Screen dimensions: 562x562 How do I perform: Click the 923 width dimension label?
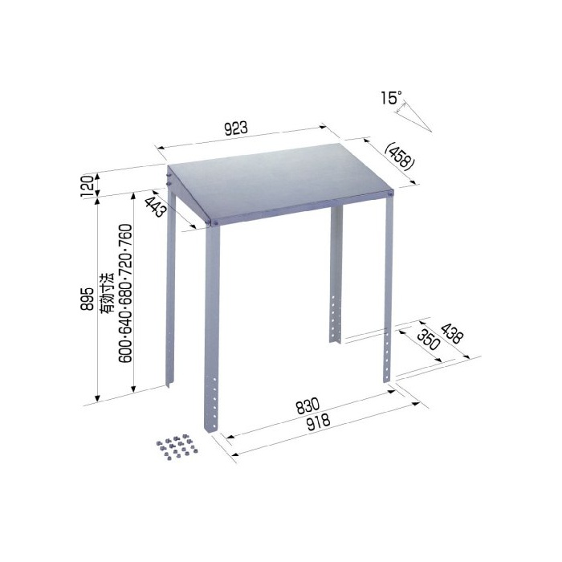236,128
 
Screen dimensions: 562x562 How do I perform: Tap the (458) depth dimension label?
399,157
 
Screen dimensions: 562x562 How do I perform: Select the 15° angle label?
391,98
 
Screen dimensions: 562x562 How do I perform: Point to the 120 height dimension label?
88,185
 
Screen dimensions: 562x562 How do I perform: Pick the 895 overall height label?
88,299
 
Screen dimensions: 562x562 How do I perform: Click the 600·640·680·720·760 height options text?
126,294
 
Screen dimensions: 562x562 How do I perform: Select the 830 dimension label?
307,405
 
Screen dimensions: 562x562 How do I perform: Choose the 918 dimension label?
319,421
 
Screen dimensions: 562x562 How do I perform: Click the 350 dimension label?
428,339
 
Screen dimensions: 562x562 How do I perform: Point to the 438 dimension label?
452,333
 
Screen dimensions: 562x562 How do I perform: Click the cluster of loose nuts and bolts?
177,446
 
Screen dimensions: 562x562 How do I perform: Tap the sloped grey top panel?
280,182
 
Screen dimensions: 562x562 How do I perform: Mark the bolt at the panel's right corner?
390,194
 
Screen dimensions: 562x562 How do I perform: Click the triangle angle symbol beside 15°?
413,116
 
